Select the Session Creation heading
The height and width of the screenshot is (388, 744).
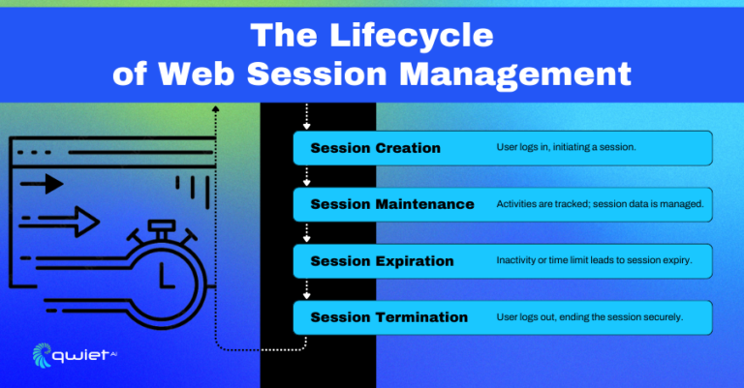coord(375,148)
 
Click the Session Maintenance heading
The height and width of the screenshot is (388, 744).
coord(392,204)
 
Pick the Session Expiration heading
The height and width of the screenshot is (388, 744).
coord(382,260)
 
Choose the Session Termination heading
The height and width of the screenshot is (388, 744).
coord(388,316)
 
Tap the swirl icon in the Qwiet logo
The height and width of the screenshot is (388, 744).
coord(43,355)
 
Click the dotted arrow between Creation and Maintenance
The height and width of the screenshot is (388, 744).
coord(306,179)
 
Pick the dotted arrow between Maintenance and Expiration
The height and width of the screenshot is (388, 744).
coord(306,235)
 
